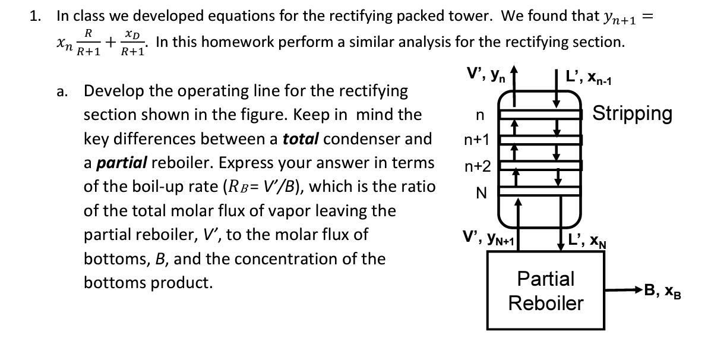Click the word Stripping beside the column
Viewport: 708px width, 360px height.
click(633, 113)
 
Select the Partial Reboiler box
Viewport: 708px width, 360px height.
click(546, 290)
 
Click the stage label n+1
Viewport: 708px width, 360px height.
click(477, 140)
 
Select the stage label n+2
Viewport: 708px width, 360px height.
click(477, 166)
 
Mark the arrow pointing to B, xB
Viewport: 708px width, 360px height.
click(624, 290)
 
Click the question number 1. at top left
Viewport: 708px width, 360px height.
click(36, 16)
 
